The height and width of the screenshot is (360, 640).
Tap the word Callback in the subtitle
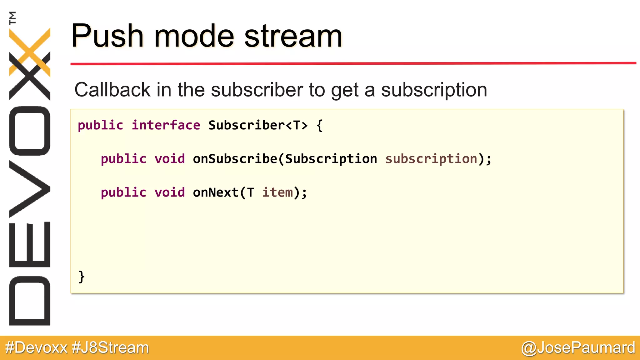point(112,90)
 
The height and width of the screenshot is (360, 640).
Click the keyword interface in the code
point(166,125)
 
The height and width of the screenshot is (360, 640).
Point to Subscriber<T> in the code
point(258,125)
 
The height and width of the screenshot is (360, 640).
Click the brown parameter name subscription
point(431,159)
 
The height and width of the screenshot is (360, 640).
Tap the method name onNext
point(216,192)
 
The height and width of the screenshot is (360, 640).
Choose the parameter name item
point(277,192)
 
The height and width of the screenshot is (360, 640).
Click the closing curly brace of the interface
point(82,277)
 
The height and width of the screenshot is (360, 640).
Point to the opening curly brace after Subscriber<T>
point(319,126)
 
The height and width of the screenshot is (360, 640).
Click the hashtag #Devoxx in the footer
point(36,348)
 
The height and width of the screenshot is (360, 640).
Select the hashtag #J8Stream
point(110,348)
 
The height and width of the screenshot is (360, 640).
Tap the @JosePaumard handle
point(578,348)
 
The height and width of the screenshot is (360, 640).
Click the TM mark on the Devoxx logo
point(13,18)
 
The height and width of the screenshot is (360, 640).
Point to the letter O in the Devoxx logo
point(30,131)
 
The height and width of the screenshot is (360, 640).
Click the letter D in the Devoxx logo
point(30,301)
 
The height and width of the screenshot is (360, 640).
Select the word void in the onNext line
point(170,192)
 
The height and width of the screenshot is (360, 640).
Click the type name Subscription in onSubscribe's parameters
point(331,159)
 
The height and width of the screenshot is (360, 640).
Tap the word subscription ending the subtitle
point(434,90)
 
